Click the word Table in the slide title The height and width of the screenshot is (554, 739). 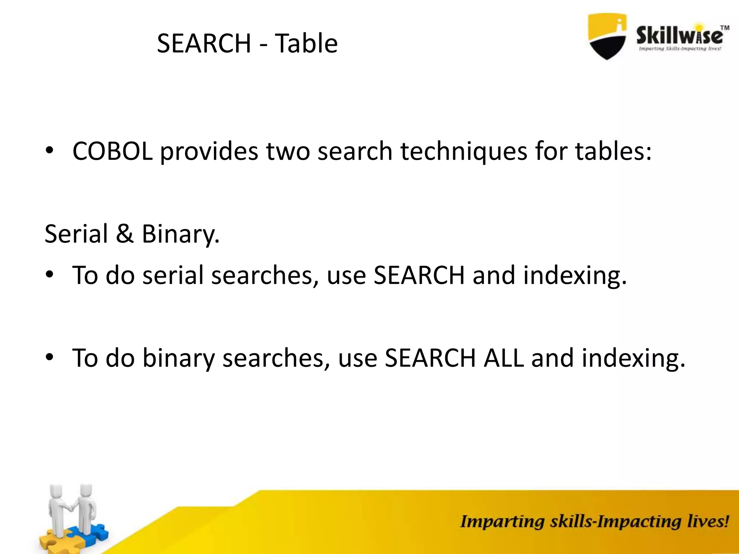point(306,43)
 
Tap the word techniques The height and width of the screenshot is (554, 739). point(464,151)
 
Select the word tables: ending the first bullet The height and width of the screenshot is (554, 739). point(613,151)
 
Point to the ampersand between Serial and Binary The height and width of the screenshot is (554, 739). point(125,234)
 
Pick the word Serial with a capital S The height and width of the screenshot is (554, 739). point(76,234)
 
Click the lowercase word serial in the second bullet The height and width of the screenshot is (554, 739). point(173,275)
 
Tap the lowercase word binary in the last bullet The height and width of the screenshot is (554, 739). point(179,358)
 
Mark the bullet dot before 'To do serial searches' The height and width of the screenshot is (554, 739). point(49,274)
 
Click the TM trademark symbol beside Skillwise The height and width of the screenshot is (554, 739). point(725,28)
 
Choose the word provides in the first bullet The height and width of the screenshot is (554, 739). point(209,151)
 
